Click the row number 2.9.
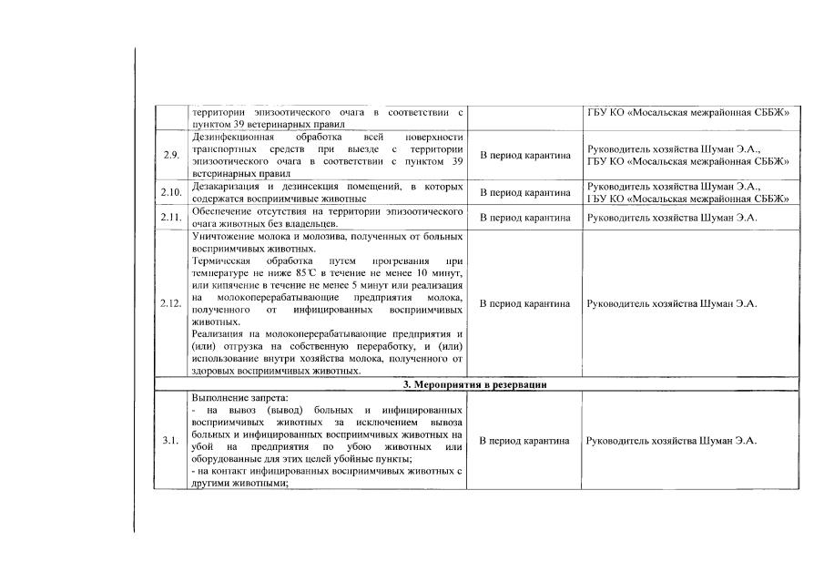pos(170,155)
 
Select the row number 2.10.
pos(171,192)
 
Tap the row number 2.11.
pos(171,218)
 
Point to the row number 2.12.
pos(171,303)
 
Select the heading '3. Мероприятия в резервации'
pos(474,384)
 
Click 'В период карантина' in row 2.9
pos(525,155)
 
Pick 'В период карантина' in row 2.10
pos(525,192)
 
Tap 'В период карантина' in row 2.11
pos(525,218)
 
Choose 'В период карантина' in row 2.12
pos(525,303)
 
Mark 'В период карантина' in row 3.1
pos(525,441)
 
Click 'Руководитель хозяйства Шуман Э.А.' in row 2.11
pos(672,218)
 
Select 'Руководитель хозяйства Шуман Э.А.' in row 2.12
pos(672,303)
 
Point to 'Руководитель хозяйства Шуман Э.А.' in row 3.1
pos(672,441)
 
